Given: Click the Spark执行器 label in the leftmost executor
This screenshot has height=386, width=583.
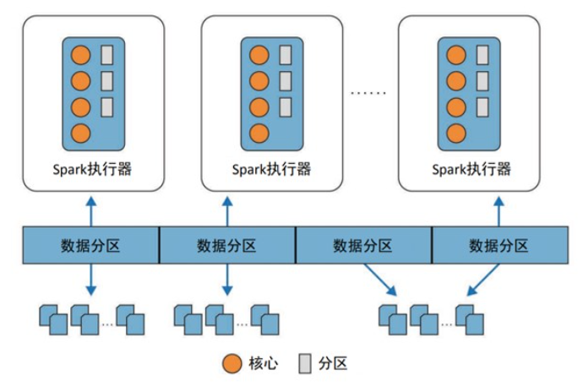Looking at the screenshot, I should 91,168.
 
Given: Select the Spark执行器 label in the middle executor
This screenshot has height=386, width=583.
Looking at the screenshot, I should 272,168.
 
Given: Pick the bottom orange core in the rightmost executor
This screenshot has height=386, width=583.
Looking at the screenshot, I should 456,133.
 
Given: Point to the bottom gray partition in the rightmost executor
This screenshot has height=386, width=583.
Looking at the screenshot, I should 482,107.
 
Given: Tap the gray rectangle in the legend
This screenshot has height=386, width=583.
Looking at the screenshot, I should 305,363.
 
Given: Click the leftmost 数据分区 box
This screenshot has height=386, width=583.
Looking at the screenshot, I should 90,246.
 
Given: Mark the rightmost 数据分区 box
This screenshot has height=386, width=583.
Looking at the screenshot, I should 499,246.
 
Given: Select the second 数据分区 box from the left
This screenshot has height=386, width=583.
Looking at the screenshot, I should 226,246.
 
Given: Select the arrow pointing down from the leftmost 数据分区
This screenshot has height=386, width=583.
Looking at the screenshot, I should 91,280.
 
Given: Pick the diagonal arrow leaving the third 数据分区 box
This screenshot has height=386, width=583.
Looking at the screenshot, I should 377,279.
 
